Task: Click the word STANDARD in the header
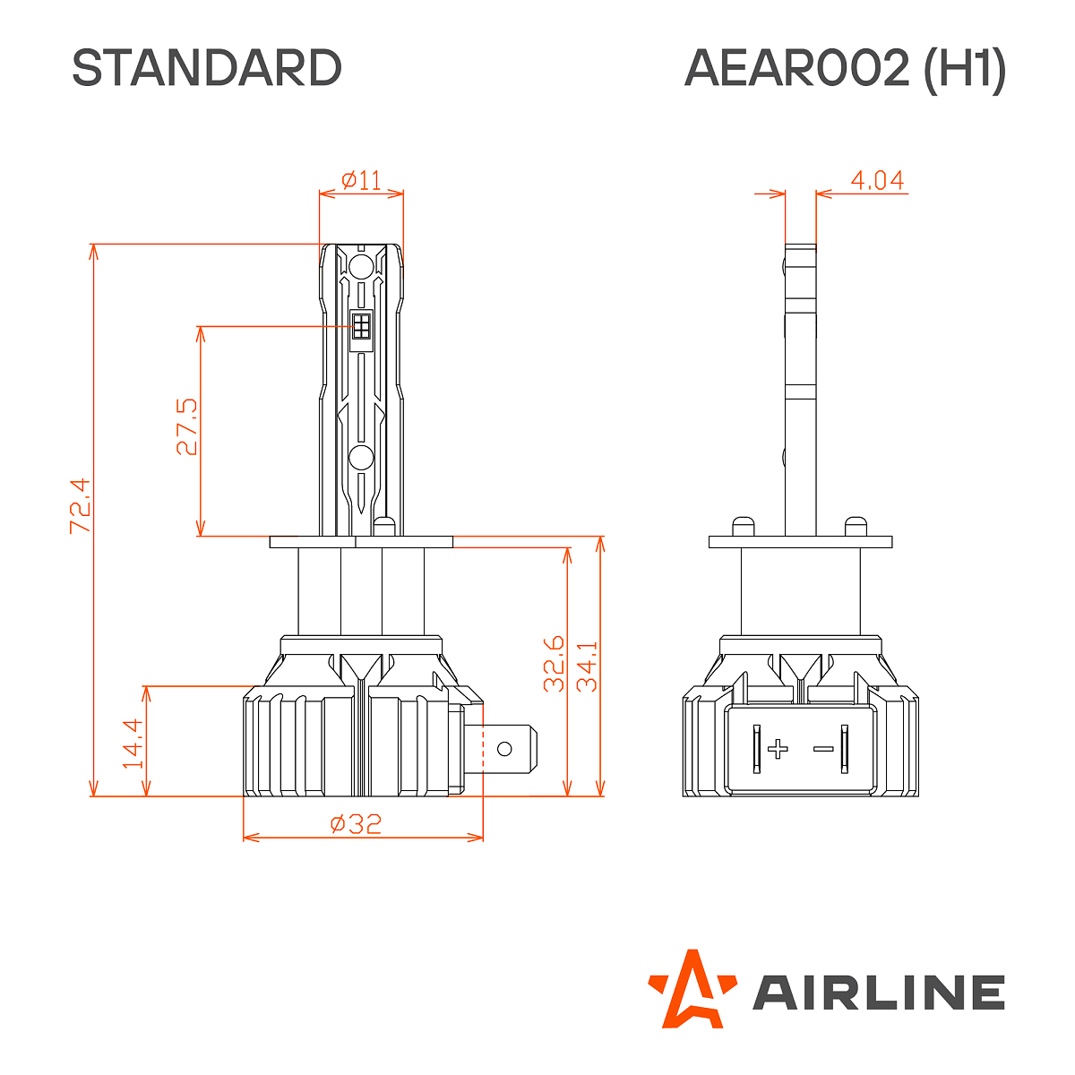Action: point(207,68)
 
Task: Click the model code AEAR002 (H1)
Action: point(844,68)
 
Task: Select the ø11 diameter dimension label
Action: point(362,180)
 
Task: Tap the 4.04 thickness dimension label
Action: point(876,180)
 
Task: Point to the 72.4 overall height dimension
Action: point(80,506)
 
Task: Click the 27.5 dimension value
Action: point(186,427)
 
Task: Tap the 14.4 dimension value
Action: point(133,744)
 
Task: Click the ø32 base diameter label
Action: point(356,824)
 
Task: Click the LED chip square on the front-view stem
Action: point(361,325)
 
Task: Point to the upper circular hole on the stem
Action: point(361,266)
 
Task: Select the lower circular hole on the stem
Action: point(361,458)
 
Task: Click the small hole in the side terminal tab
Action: point(504,749)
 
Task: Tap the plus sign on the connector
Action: point(778,749)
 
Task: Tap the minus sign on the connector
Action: point(821,749)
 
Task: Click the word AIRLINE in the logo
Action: point(878,993)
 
